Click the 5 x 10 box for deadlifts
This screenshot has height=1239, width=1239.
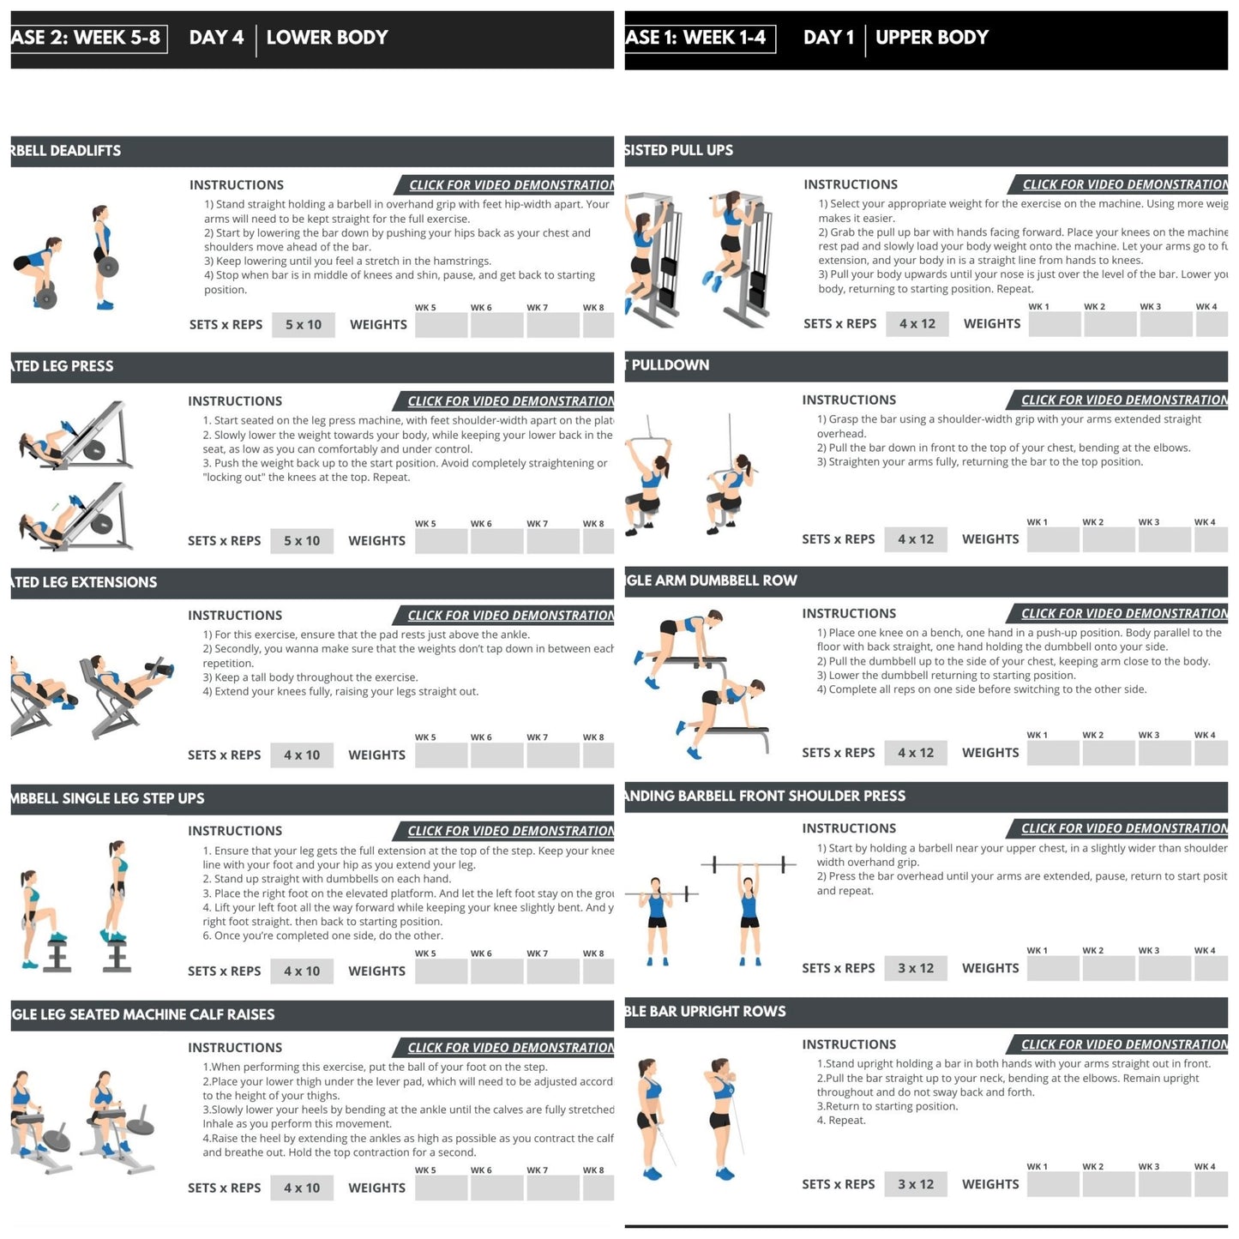[x=303, y=325]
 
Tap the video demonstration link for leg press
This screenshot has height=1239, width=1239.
[x=510, y=401]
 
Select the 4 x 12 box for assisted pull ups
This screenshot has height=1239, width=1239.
[x=917, y=324]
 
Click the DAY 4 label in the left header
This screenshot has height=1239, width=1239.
[x=216, y=38]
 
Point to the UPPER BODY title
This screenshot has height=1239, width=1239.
[x=931, y=38]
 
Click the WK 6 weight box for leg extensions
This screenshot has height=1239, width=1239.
[x=496, y=755]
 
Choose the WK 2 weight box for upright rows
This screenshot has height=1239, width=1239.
[x=1109, y=1185]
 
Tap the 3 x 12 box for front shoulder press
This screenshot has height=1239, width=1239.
[x=915, y=969]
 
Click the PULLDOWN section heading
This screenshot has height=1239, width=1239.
[x=670, y=365]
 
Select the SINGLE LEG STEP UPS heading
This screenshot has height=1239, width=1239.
[x=108, y=799]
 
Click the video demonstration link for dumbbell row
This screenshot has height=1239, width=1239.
[x=1123, y=614]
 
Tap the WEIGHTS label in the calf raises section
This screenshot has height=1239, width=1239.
[x=376, y=1188]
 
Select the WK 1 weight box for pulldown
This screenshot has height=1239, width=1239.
[x=1053, y=540]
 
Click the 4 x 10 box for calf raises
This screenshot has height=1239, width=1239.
[x=301, y=1188]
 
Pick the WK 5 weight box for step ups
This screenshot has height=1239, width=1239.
[x=441, y=971]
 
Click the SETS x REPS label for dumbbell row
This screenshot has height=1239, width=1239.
[x=838, y=753]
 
